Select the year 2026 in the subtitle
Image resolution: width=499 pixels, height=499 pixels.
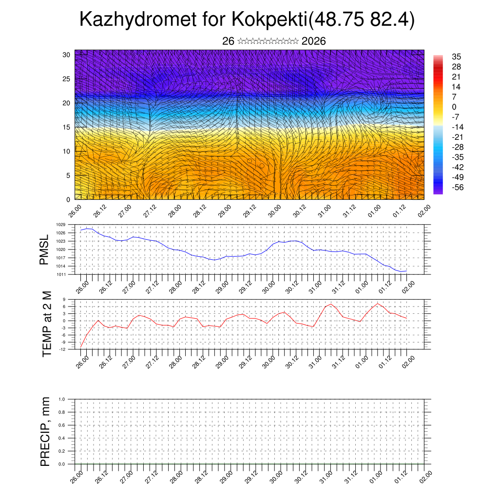point(314,41)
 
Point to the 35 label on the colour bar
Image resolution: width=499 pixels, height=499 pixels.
point(457,57)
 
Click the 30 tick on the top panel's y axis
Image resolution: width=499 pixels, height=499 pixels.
point(66,55)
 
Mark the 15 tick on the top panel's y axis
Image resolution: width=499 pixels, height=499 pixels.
point(66,127)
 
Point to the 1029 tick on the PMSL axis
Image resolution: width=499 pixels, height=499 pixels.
point(60,225)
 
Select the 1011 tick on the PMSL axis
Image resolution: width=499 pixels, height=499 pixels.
point(60,274)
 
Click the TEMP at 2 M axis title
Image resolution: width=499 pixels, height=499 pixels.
point(46,324)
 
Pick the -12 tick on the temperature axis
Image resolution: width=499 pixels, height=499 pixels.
point(63,349)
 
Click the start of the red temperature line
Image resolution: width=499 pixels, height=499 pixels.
point(81,347)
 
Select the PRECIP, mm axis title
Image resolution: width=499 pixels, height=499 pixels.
point(45,431)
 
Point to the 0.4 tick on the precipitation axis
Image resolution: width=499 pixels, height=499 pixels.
point(62,438)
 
